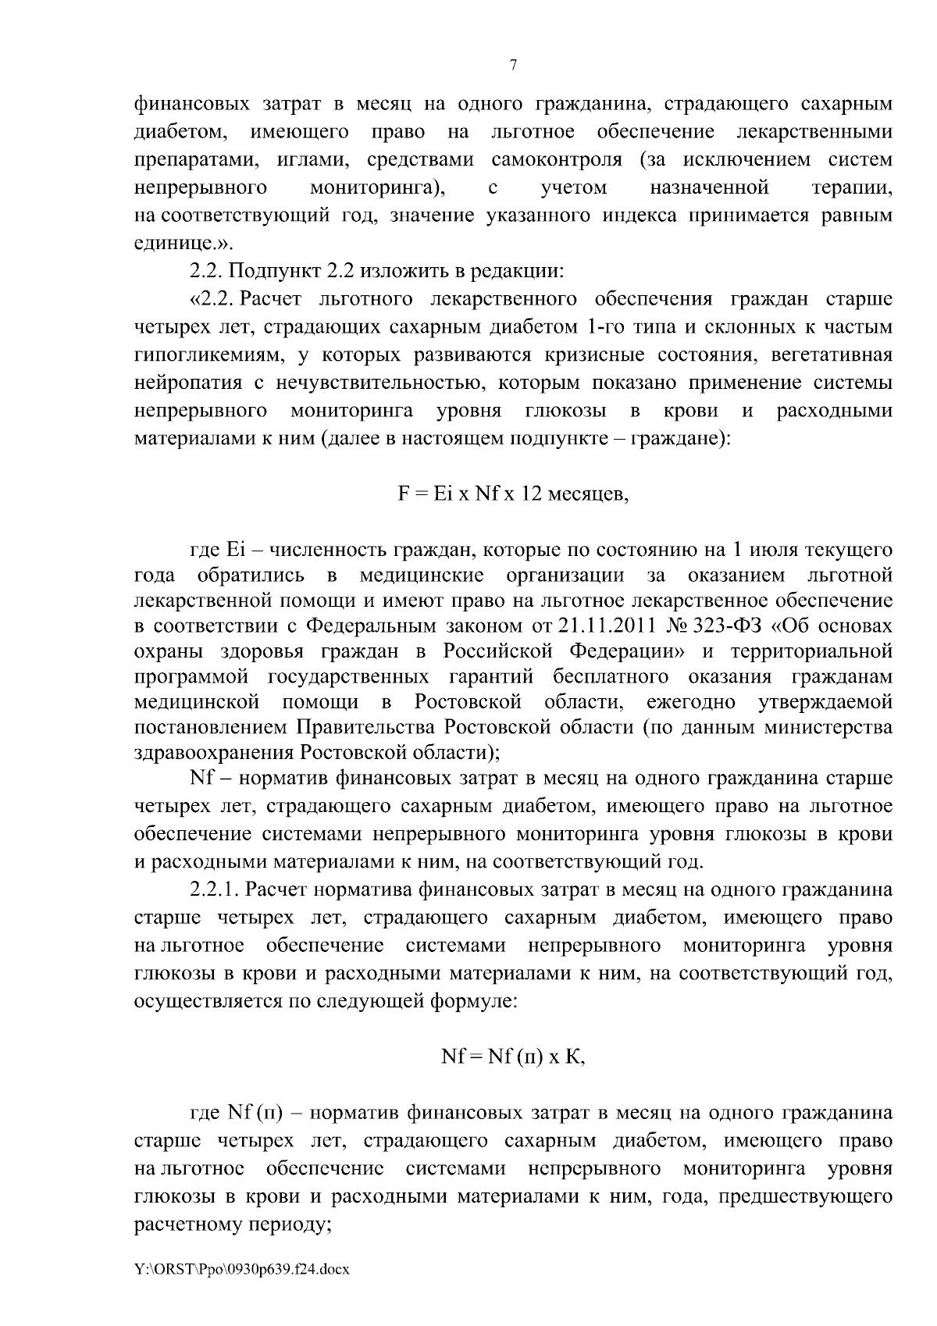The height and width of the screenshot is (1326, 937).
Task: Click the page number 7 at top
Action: (x=513, y=66)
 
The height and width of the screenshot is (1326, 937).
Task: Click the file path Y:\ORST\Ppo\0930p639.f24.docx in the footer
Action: (x=242, y=1270)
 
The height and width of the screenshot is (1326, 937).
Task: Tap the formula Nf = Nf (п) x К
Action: (x=513, y=1057)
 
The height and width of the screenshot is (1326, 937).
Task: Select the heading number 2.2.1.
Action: (x=215, y=889)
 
